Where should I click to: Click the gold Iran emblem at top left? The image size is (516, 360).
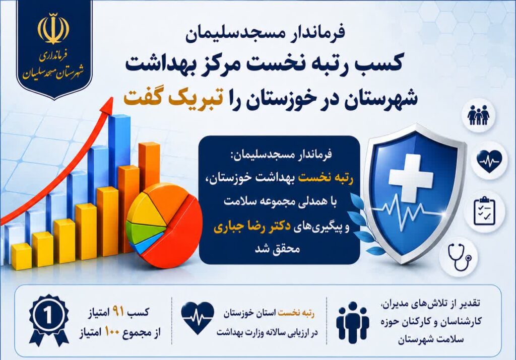coord(53,29)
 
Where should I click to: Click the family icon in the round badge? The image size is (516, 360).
coord(479,115)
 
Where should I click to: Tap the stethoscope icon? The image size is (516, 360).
coord(460,256)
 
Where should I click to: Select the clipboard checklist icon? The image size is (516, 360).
coord(484,211)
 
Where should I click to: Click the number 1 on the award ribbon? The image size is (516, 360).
coord(48,316)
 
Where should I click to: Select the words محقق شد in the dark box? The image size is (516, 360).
coord(277,248)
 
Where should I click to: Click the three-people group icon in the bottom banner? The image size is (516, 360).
coord(352,321)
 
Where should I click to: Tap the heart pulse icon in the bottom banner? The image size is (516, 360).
coord(198,318)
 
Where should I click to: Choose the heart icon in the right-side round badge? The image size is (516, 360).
coord(489,161)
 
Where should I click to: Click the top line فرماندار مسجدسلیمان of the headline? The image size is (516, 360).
coord(265,34)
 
